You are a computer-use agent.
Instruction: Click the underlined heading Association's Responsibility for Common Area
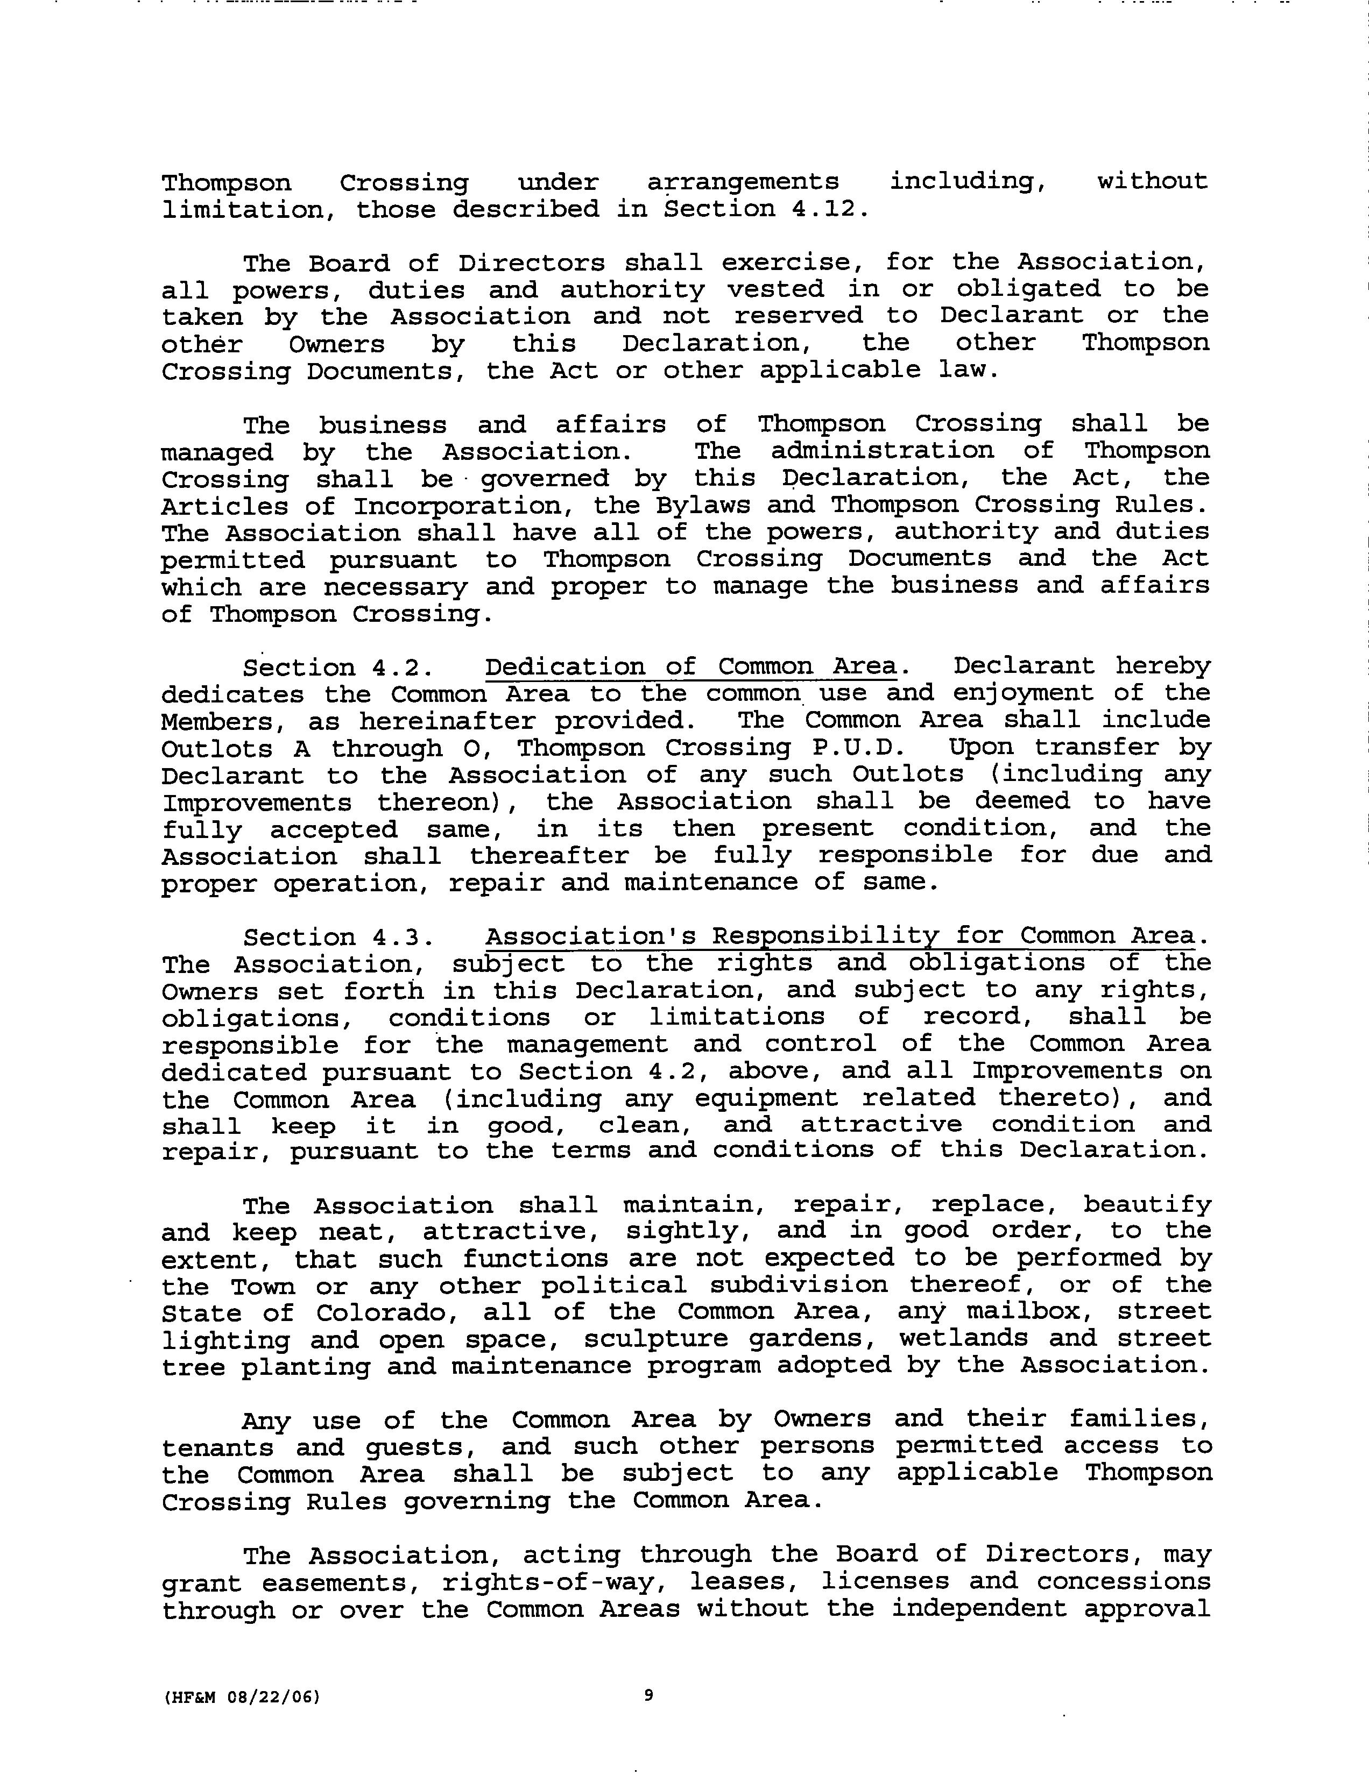tap(841, 936)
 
